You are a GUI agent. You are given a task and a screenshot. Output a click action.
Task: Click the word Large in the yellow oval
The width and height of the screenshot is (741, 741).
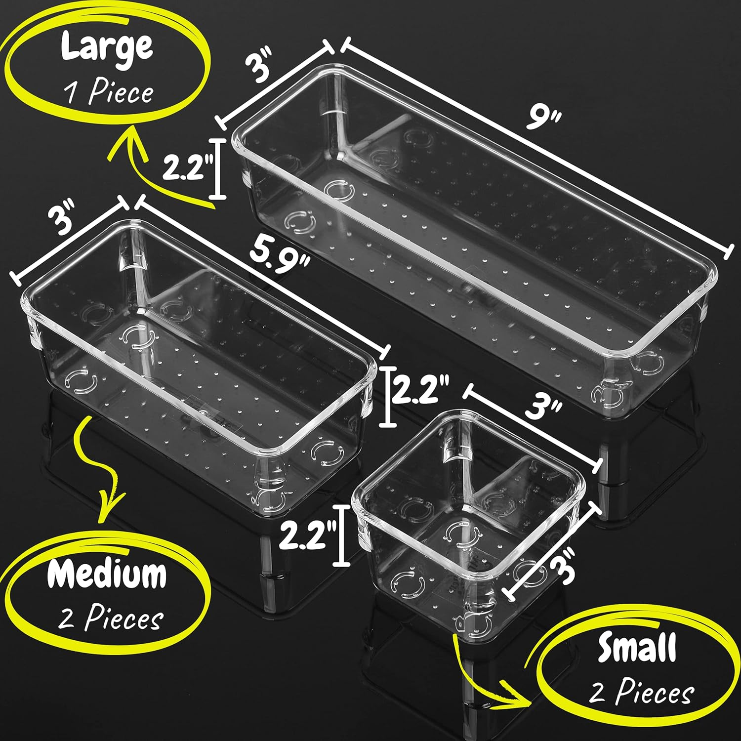(x=107, y=48)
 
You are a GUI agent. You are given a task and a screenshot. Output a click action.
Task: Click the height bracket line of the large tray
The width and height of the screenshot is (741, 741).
(x=217, y=169)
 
